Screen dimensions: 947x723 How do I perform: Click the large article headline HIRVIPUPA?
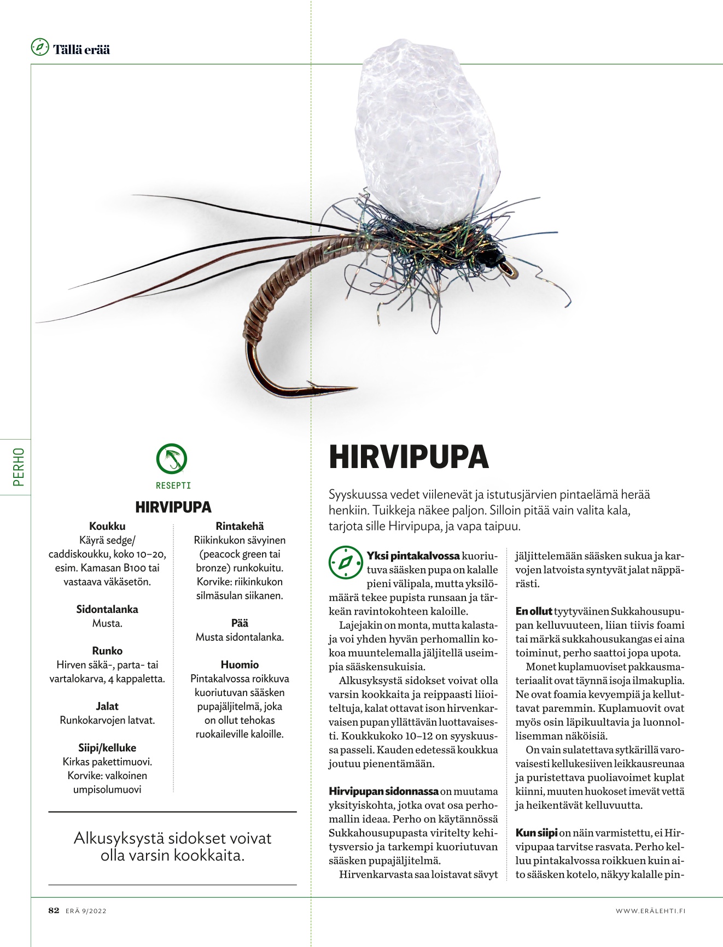pyautogui.click(x=408, y=458)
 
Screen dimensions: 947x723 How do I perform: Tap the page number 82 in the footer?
pyautogui.click(x=54, y=910)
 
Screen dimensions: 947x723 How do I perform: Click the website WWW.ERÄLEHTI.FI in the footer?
pyautogui.click(x=650, y=911)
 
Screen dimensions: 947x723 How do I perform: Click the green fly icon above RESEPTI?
pyautogui.click(x=172, y=459)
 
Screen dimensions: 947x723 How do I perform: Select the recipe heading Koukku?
pyautogui.click(x=107, y=526)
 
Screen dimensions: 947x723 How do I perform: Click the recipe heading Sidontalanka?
pyautogui.click(x=107, y=609)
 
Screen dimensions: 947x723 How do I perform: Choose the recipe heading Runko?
pyautogui.click(x=107, y=651)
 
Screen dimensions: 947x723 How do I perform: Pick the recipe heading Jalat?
pyautogui.click(x=107, y=706)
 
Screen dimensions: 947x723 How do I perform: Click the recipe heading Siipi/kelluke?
pyautogui.click(x=107, y=747)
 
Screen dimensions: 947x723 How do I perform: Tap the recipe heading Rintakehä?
pyautogui.click(x=240, y=526)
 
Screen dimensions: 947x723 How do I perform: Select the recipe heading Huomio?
pyautogui.click(x=240, y=664)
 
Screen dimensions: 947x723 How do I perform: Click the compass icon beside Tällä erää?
pyautogui.click(x=40, y=48)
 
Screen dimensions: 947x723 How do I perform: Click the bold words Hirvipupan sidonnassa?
pyautogui.click(x=383, y=791)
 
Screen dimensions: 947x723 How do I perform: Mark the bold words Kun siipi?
pyautogui.click(x=537, y=833)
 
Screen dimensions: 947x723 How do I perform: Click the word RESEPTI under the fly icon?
pyautogui.click(x=173, y=485)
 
